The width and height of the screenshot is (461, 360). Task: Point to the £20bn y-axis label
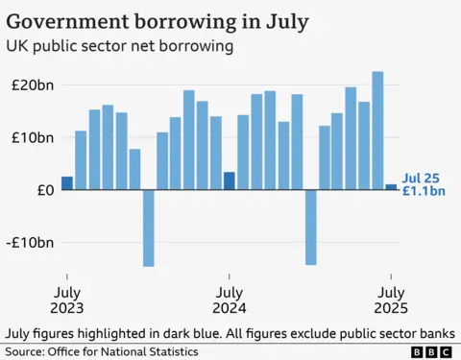(33, 84)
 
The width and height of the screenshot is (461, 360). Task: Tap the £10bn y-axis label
(33, 137)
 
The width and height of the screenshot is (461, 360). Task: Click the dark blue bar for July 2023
(67, 183)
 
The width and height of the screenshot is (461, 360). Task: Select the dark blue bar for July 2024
(230, 180)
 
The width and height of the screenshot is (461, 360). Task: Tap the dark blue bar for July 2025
(391, 187)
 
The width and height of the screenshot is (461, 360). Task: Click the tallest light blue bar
(377, 131)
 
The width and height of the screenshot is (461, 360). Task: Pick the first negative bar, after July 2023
(149, 228)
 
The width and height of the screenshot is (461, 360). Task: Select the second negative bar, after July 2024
(310, 227)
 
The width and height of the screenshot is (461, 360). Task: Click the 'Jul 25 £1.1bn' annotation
(424, 184)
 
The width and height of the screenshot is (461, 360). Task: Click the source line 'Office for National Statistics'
(131, 352)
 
